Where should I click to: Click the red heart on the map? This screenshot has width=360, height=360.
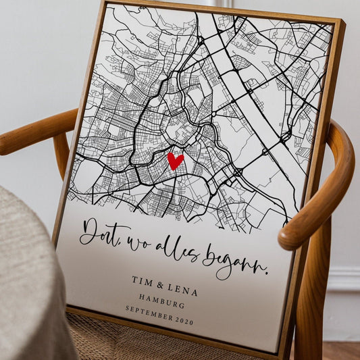pos(175,161)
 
